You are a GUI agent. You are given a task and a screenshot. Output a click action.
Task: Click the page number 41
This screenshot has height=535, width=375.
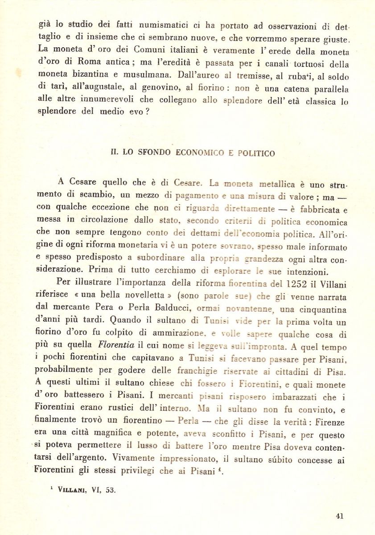click(339, 516)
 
